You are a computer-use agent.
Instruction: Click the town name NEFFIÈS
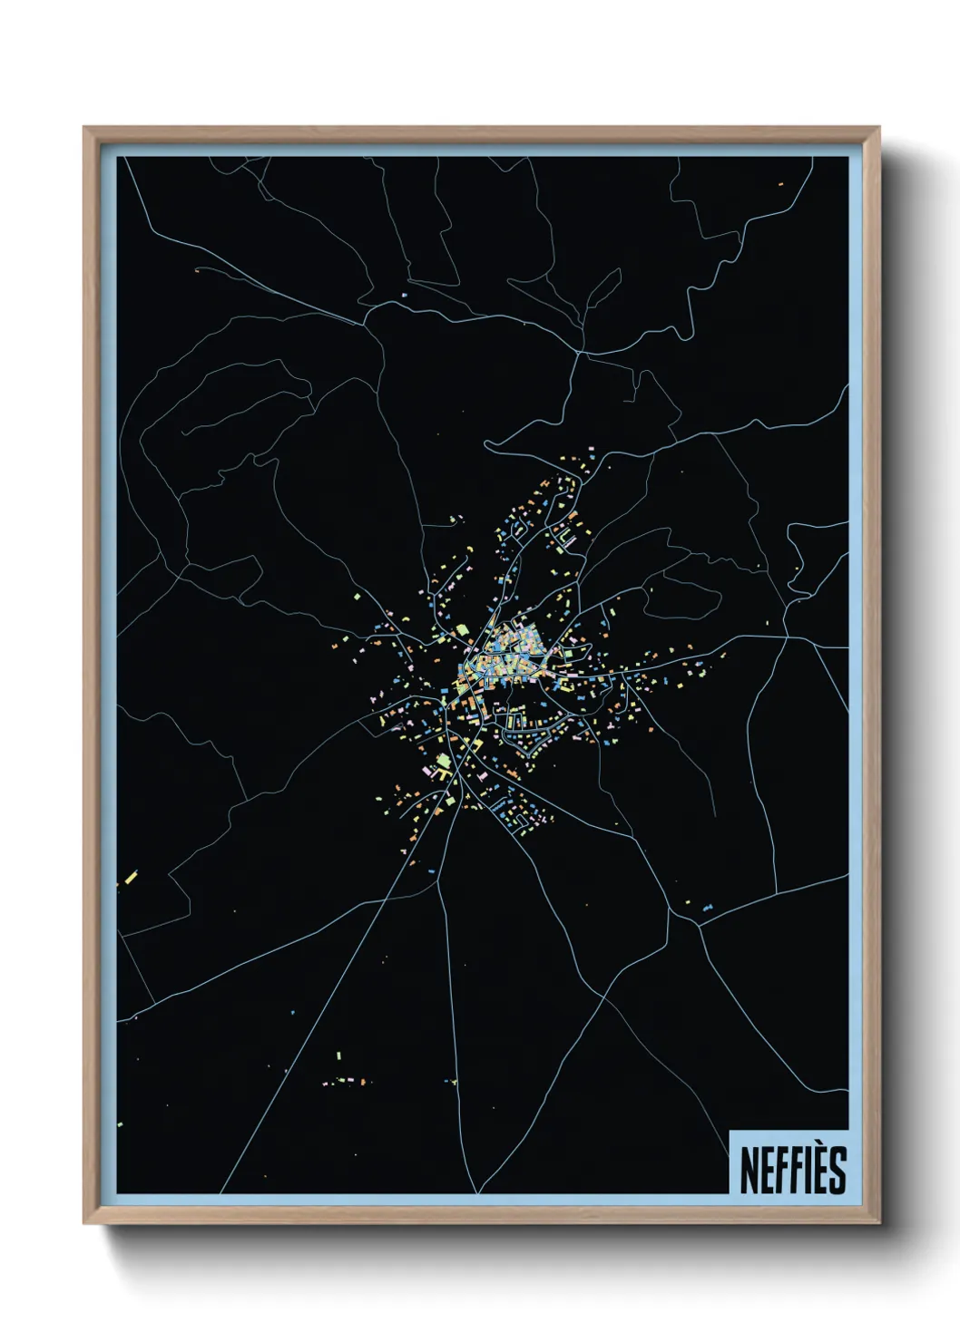pyautogui.click(x=792, y=1169)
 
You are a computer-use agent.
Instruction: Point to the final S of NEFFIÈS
pyautogui.click(x=836, y=1170)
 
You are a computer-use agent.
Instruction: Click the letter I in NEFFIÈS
pyautogui.click(x=802, y=1170)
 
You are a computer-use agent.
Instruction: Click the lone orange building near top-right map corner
pyautogui.click(x=779, y=184)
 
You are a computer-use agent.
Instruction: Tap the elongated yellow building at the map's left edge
pyautogui.click(x=131, y=877)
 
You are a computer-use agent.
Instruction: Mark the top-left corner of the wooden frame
pyautogui.click(x=84, y=128)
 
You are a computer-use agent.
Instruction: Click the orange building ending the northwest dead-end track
pyautogui.click(x=196, y=268)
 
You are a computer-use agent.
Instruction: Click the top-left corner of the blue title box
pyautogui.click(x=730, y=1131)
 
